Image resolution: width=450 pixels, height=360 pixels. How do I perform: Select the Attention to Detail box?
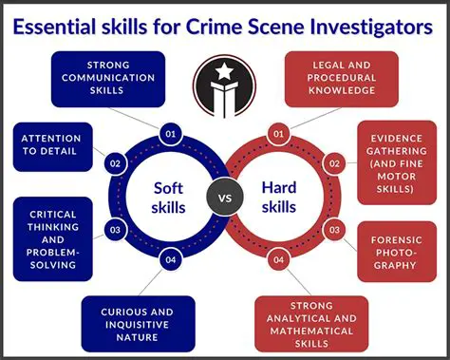[52, 145]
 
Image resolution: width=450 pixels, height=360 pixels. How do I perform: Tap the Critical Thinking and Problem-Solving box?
[53, 239]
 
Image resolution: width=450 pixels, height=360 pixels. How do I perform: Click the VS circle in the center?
[224, 199]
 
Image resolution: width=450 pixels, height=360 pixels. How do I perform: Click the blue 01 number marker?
[170, 134]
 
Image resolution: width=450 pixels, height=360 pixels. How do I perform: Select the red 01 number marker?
[279, 134]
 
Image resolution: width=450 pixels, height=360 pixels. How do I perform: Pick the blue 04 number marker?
[170, 258]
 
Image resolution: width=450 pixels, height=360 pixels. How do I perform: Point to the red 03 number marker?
[334, 229]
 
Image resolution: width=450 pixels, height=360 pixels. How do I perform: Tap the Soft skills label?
[168, 198]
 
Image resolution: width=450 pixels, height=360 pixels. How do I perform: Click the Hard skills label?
[281, 198]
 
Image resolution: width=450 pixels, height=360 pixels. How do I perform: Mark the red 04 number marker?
[279, 258]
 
